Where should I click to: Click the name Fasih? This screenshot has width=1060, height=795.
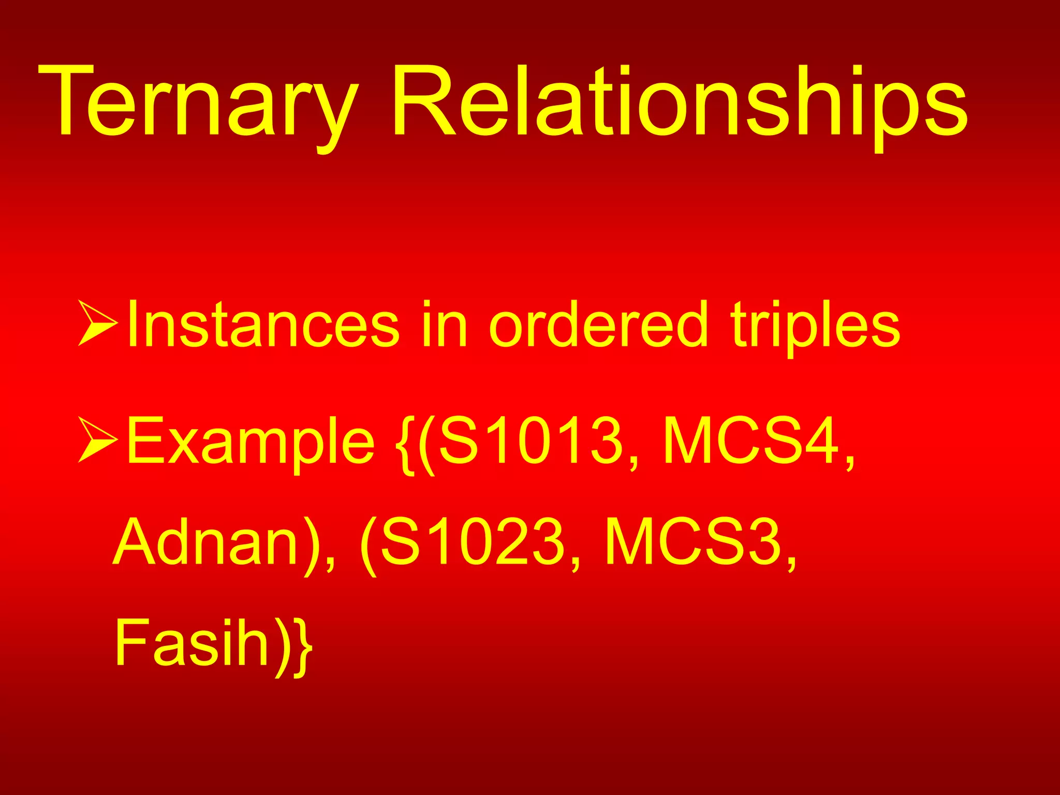click(192, 642)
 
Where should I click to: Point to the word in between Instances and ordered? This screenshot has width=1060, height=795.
click(445, 325)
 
